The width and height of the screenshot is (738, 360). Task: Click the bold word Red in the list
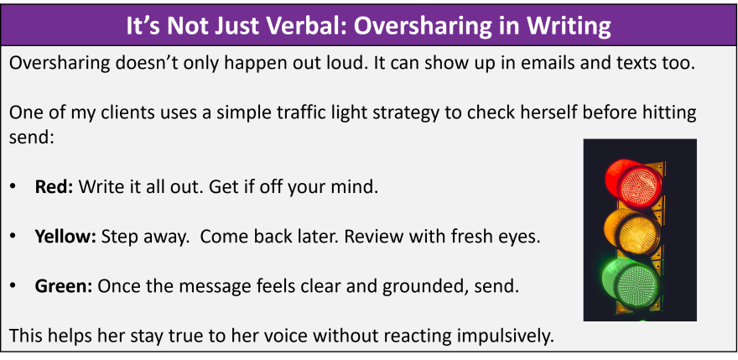(54, 187)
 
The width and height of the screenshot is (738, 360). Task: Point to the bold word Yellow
(65, 237)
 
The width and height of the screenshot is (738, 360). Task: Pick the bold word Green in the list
(64, 286)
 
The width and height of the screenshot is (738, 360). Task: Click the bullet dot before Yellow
(13, 237)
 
